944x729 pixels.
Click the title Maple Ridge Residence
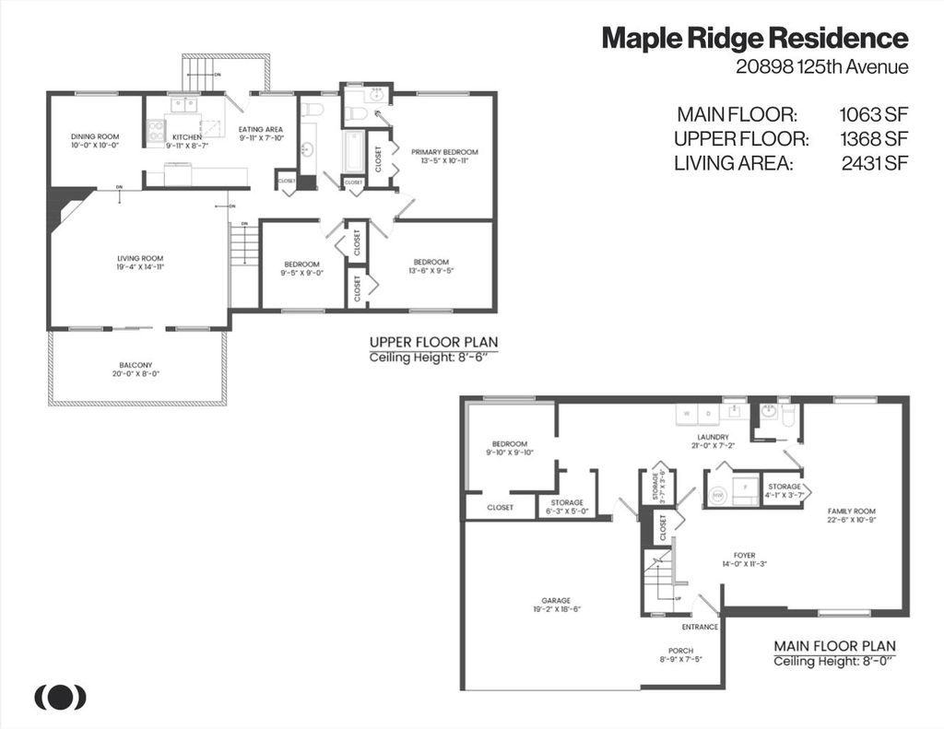754,39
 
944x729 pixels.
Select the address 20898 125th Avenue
822,66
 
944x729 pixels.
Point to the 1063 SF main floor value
873,115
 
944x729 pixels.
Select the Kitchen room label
186,136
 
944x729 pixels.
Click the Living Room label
140,258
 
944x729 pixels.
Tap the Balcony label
135,365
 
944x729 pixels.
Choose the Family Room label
851,511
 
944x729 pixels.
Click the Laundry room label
713,437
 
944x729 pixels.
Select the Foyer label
744,556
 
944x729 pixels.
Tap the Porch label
680,651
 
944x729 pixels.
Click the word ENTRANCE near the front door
700,627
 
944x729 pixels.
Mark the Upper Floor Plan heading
432,341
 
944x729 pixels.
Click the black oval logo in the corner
61,698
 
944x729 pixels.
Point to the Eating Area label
260,129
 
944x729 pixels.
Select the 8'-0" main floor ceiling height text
876,662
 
